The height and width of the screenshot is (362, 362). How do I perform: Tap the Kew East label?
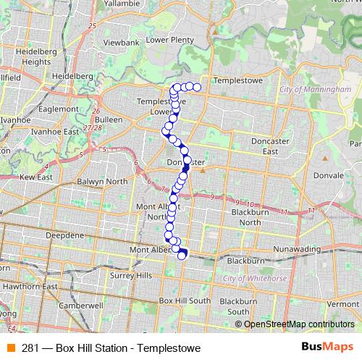(x=36, y=177)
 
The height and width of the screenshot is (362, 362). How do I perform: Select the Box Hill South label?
(x=185, y=300)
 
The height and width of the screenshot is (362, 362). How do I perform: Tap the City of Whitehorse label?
(x=251, y=278)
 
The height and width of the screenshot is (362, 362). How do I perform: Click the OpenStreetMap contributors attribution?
(x=298, y=324)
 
